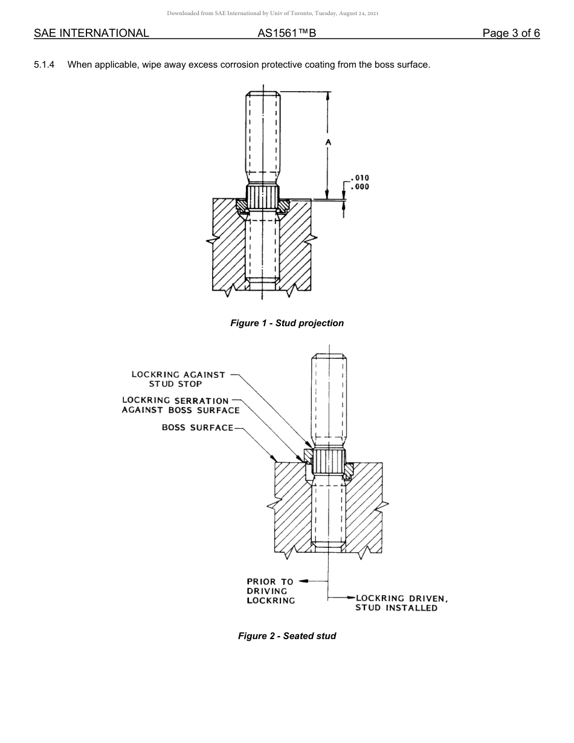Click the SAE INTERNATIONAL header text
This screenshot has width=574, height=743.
click(91, 33)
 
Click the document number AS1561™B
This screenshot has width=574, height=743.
click(286, 33)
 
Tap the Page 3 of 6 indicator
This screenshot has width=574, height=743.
click(511, 33)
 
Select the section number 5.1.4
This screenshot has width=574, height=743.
click(44, 65)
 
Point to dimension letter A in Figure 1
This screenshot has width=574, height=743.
click(327, 142)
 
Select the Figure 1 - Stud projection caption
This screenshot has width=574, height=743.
click(287, 323)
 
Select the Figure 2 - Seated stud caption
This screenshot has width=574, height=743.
click(287, 636)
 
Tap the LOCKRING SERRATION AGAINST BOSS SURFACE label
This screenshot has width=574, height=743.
click(180, 405)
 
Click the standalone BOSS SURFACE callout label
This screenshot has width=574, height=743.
click(198, 428)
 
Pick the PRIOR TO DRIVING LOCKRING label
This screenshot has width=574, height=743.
click(270, 591)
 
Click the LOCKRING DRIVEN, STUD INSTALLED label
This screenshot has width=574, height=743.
click(401, 603)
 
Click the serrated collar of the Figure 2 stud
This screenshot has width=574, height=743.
click(328, 462)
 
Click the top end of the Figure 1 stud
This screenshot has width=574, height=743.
click(263, 94)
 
